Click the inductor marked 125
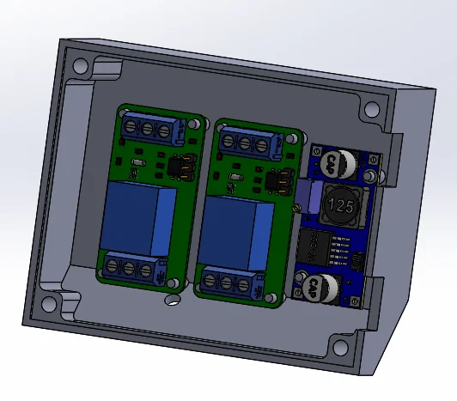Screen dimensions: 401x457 point(341,207)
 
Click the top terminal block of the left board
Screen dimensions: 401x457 point(154,130)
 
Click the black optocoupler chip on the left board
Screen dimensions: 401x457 point(179,166)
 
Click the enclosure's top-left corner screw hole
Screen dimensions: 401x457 point(80,65)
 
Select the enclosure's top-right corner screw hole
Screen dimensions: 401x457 point(372,110)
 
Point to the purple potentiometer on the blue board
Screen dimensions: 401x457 point(304,197)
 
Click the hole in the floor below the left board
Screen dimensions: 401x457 point(173,300)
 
